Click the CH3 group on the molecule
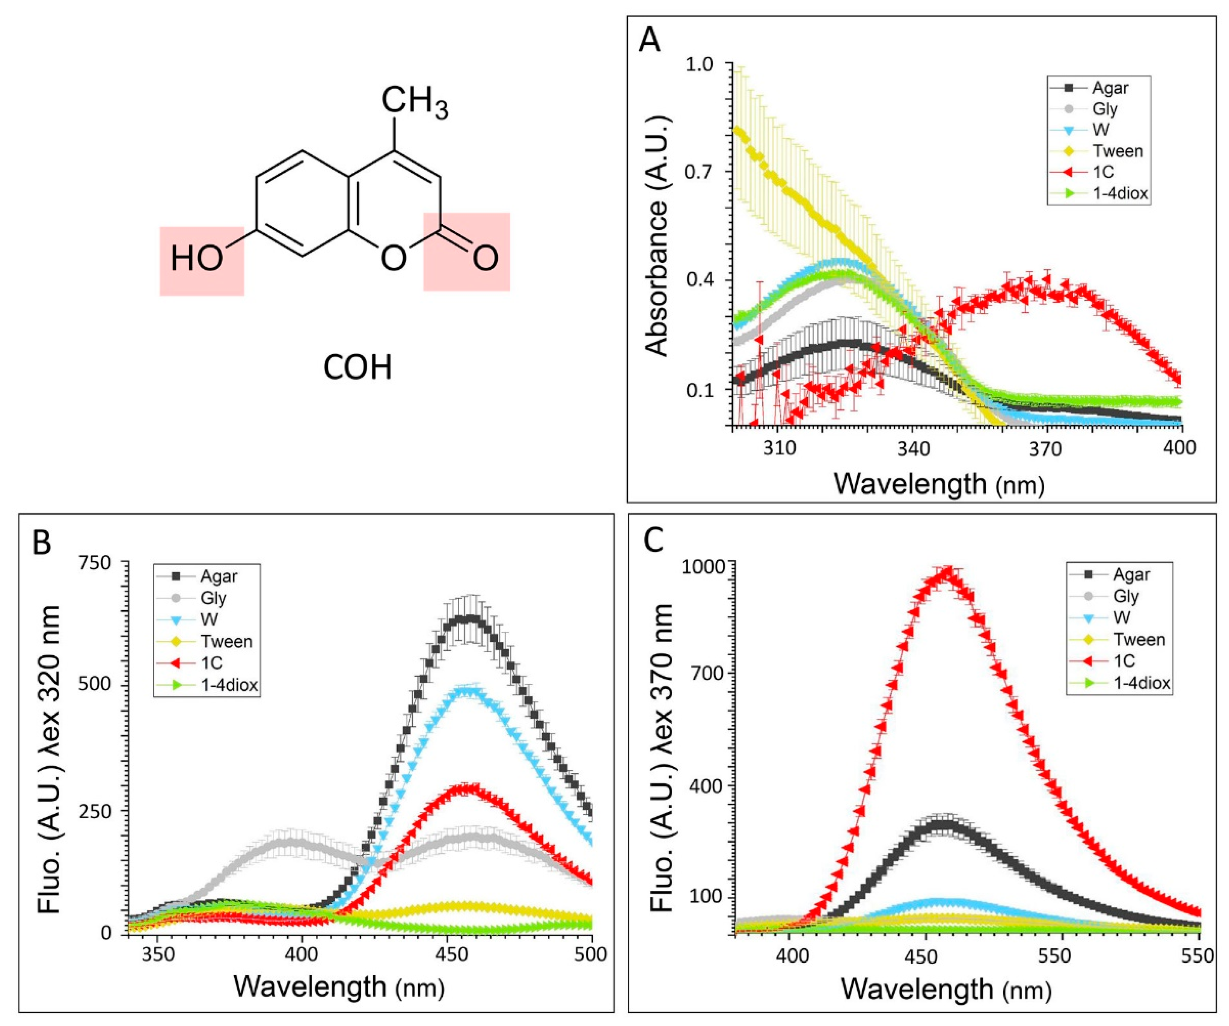coord(414,102)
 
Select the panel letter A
coord(650,41)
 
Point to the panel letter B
coord(42,542)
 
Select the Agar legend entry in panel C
coord(1131,575)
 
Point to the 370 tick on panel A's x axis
coord(1045,449)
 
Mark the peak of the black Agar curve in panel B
coord(468,619)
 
